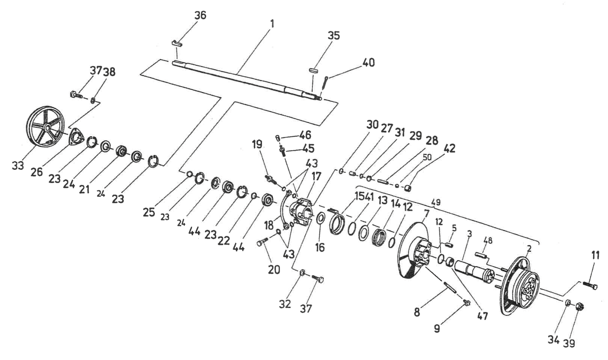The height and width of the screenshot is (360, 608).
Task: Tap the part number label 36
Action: [x=200, y=15]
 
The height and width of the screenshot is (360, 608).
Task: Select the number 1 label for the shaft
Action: [x=272, y=24]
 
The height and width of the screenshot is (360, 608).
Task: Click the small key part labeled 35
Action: [x=314, y=70]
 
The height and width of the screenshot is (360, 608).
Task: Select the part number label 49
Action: [x=436, y=202]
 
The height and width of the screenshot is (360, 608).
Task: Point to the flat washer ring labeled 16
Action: [x=320, y=219]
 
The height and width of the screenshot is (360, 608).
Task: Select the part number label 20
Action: [x=274, y=269]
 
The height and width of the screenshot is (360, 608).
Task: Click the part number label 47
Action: [x=483, y=316]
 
